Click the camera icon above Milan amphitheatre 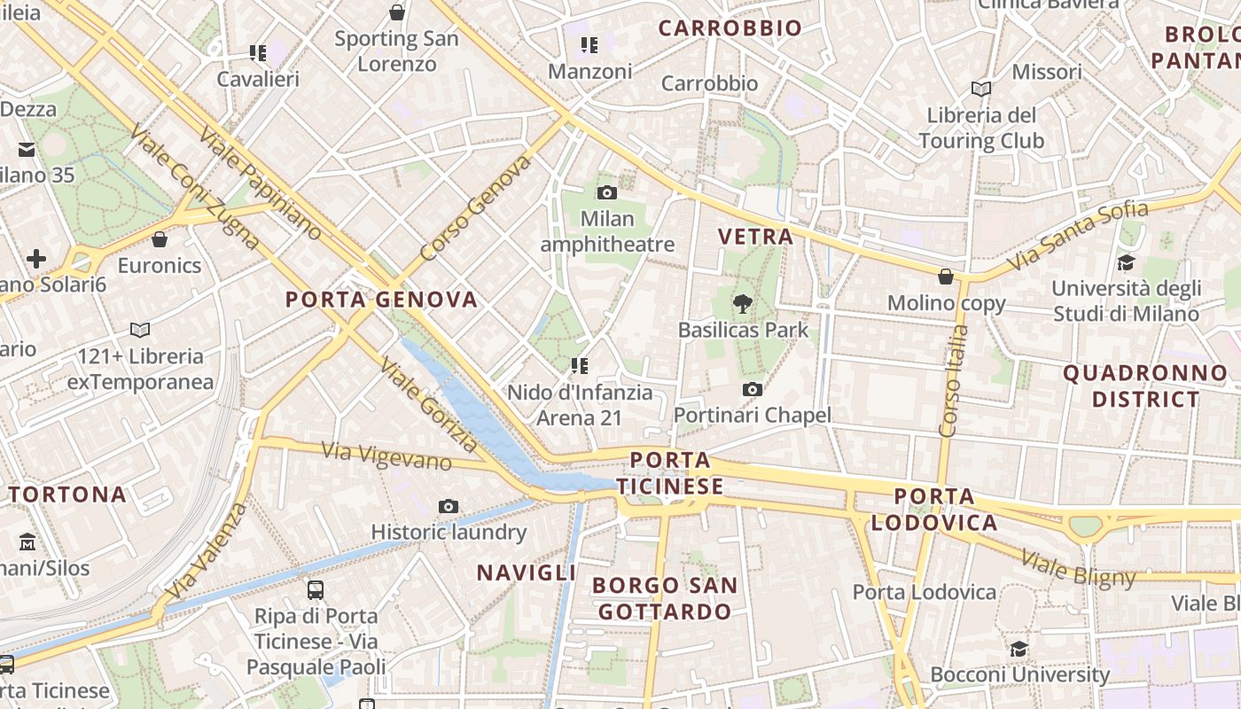[607, 192]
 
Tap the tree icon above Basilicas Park [742, 304]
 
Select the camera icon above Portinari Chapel [752, 389]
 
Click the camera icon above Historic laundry [449, 506]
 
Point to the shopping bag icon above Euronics [160, 239]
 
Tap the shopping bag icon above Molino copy [946, 277]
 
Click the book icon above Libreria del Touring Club [980, 89]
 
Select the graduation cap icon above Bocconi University [1019, 649]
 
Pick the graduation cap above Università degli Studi [1126, 262]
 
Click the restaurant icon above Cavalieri [258, 53]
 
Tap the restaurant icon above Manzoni [589, 45]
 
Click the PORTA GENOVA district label [381, 300]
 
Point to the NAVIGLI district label [527, 573]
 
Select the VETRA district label [755, 237]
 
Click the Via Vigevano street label [386, 456]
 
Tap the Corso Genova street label [475, 209]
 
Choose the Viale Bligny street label [1078, 568]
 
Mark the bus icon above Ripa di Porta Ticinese [315, 589]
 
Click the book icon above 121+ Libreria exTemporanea [140, 331]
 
